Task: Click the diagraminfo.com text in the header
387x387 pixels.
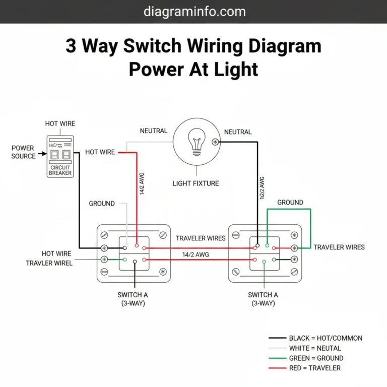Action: (x=194, y=11)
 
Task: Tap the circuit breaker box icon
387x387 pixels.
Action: (x=60, y=156)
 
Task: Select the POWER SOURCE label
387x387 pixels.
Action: (x=23, y=152)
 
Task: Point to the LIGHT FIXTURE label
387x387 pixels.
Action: (x=196, y=183)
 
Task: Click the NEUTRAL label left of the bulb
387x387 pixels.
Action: (x=153, y=131)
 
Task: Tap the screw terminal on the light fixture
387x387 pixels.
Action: (x=216, y=142)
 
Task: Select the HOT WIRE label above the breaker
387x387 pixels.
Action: (x=60, y=123)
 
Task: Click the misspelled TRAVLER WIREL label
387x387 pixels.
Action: (x=49, y=263)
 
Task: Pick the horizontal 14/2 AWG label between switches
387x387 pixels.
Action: (x=196, y=255)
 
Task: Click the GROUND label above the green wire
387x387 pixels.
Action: (x=290, y=203)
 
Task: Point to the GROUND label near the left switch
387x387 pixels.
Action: (x=102, y=204)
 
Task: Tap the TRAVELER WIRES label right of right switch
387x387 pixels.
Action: (x=339, y=247)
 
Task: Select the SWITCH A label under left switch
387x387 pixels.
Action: (x=133, y=299)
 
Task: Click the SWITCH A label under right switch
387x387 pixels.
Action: (x=263, y=299)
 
